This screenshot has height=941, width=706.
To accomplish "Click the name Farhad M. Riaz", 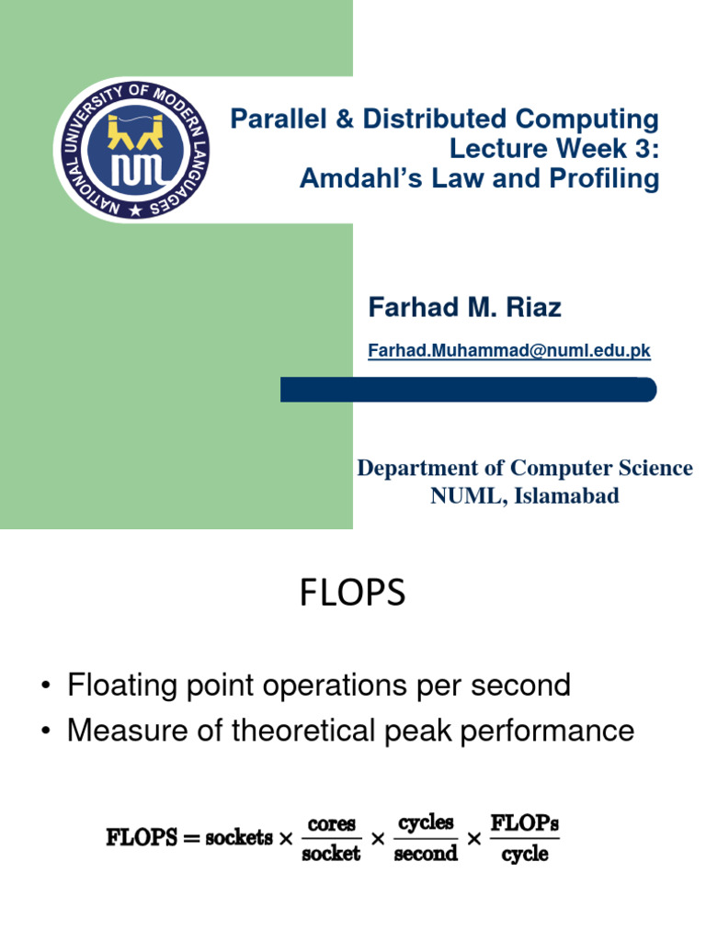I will [464, 308].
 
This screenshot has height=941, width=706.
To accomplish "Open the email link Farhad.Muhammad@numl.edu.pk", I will [508, 350].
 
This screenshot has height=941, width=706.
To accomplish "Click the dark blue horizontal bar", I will [468, 390].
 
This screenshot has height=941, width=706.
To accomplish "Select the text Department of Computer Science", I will [524, 468].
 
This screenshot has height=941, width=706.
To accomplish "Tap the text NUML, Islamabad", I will [525, 496].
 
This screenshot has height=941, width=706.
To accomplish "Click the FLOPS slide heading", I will [352, 594].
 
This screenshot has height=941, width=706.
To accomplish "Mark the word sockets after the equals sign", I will [240, 838].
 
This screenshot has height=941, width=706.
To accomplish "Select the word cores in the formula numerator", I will [330, 823].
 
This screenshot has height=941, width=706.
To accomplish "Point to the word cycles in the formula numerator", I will [426, 823].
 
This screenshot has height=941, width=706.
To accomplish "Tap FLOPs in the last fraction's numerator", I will [525, 822].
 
